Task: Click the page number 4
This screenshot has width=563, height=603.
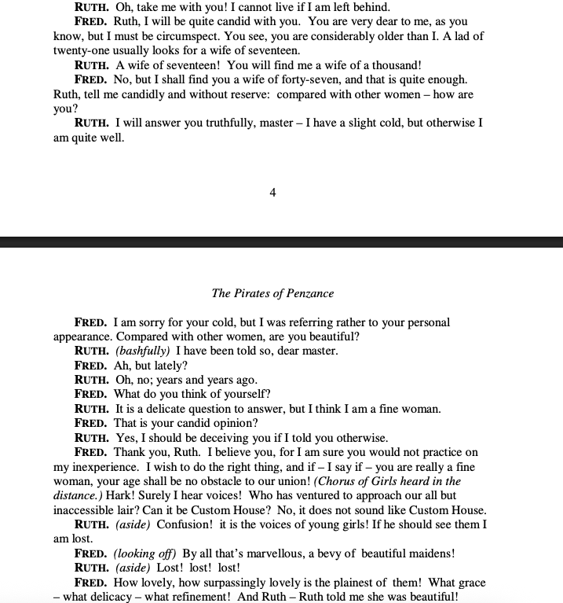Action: click(x=272, y=193)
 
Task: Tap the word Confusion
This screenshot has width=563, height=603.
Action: click(x=182, y=524)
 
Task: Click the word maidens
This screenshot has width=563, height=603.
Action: click(x=424, y=553)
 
